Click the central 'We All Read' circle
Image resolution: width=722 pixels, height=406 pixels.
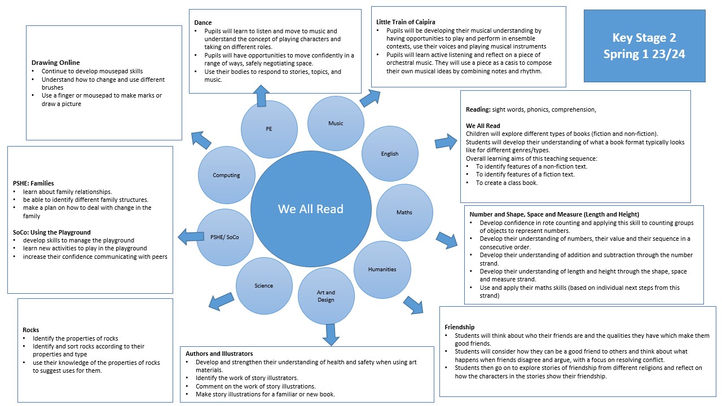(311, 209)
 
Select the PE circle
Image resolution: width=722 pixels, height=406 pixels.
(269, 129)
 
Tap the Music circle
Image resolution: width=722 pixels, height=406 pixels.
(336, 123)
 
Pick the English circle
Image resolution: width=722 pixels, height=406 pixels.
(389, 154)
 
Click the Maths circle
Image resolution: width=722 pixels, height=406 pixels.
(404, 213)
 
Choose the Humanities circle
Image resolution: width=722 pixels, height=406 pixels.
(382, 270)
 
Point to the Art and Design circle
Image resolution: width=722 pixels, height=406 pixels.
(326, 296)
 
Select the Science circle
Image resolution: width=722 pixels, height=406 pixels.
(263, 286)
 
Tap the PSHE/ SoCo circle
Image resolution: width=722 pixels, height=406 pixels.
(224, 237)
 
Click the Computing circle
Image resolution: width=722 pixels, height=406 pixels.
(226, 175)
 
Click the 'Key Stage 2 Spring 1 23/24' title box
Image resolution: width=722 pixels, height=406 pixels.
(644, 46)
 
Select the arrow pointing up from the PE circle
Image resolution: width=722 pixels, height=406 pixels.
(262, 96)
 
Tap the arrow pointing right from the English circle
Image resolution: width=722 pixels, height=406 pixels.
(446, 142)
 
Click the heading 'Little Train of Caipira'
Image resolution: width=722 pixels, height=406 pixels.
(406, 22)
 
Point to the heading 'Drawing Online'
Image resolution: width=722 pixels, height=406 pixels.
(55, 63)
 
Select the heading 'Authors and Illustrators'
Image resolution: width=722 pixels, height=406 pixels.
(219, 354)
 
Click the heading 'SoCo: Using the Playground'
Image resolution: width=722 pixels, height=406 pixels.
(52, 232)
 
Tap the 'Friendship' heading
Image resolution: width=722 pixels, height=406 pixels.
(459, 327)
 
